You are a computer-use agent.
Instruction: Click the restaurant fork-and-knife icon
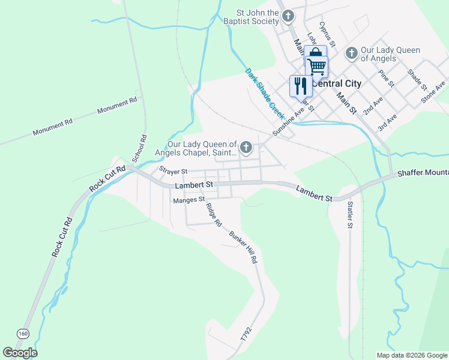click(x=301, y=86)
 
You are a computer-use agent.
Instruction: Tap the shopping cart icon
click(x=316, y=65)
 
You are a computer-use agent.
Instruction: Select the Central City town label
click(x=337, y=83)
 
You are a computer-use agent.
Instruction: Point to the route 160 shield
click(x=23, y=333)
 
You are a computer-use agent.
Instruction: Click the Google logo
click(x=20, y=353)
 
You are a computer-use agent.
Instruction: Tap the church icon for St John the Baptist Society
click(x=289, y=16)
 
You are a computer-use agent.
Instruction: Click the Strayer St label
click(x=173, y=171)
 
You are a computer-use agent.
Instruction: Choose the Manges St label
click(x=188, y=200)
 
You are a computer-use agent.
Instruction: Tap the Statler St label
click(x=350, y=215)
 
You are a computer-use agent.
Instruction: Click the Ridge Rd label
click(x=214, y=215)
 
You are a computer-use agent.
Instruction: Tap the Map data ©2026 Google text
click(x=411, y=355)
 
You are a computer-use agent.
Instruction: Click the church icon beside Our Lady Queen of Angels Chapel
click(x=246, y=147)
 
